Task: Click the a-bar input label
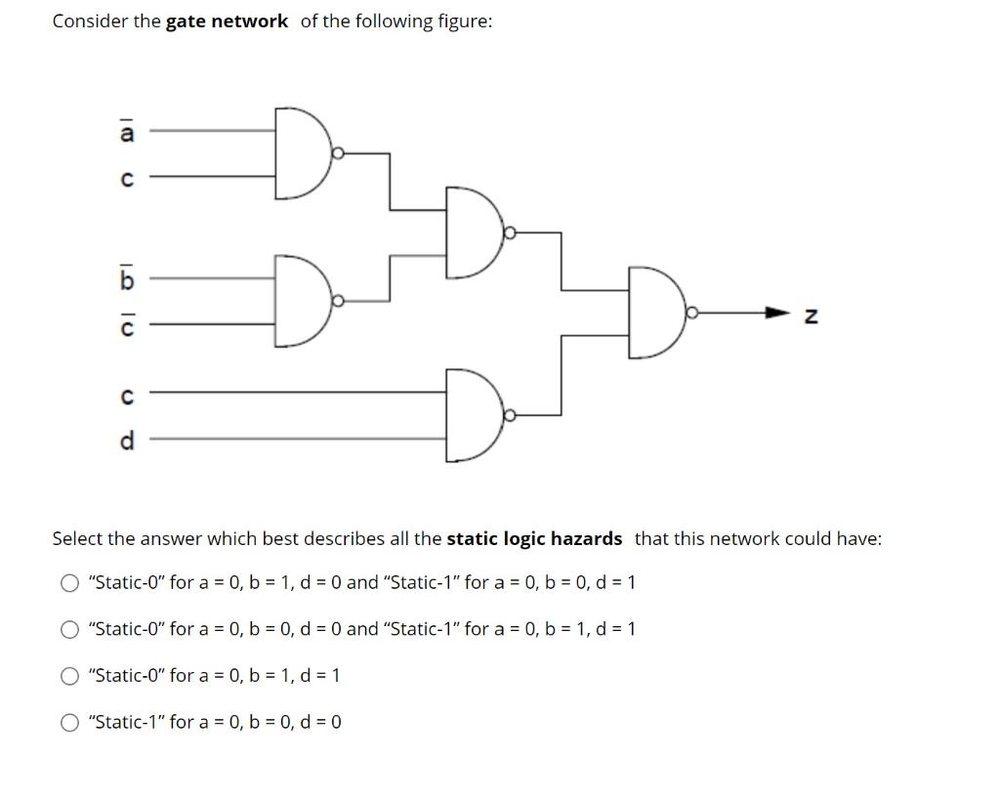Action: point(125,133)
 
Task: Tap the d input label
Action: point(125,441)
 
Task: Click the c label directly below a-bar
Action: point(125,178)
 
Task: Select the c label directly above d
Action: point(125,396)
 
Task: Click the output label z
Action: point(809,316)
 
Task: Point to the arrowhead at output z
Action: point(777,314)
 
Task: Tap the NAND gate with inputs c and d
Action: point(472,415)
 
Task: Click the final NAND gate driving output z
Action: point(655,313)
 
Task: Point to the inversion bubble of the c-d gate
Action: point(509,415)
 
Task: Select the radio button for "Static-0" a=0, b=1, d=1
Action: point(69,676)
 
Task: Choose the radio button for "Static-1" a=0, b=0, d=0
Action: point(69,723)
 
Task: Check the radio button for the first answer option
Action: point(69,583)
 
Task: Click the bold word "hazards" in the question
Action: point(586,538)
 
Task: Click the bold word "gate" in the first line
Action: point(186,21)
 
